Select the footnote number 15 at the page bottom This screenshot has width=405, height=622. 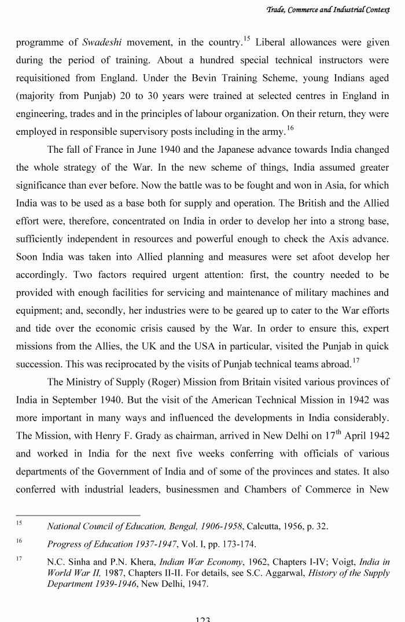[x=19, y=524]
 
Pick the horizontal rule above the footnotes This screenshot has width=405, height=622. [x=78, y=514]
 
